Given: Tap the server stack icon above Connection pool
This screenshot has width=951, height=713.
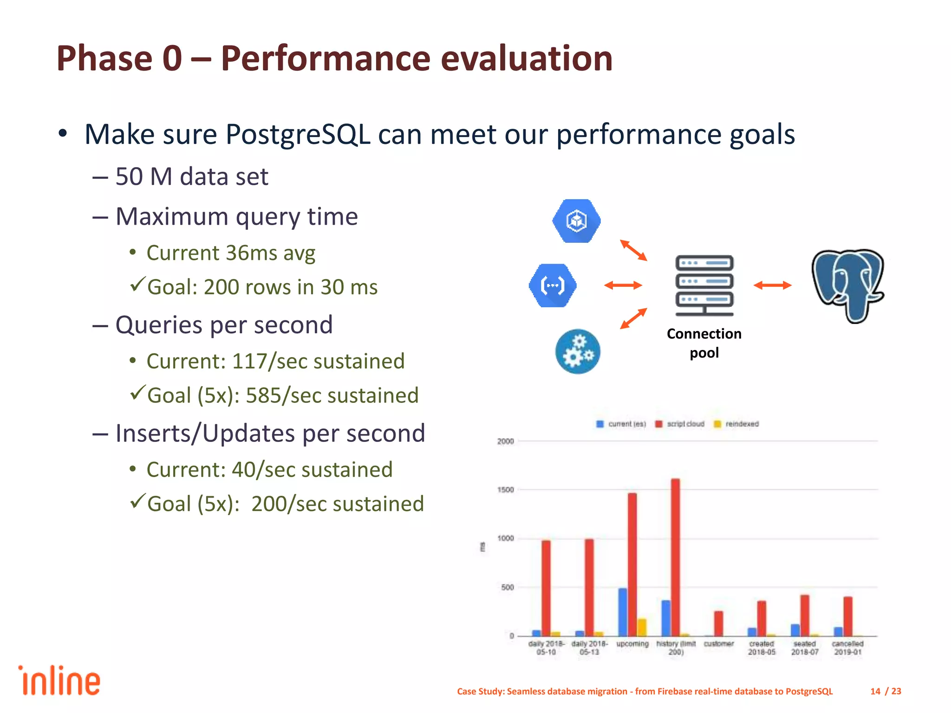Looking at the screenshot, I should [704, 285].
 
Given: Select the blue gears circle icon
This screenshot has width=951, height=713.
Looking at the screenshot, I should [578, 351].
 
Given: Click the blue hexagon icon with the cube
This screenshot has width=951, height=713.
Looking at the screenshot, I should [576, 221].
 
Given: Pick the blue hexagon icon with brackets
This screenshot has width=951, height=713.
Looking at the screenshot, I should [553, 285].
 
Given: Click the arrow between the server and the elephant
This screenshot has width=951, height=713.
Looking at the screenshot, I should [772, 285].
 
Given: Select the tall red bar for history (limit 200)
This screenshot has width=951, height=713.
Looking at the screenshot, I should [676, 557].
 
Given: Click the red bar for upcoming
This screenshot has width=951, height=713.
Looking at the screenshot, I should [632, 564].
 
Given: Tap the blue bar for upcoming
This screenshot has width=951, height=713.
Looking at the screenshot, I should [623, 612].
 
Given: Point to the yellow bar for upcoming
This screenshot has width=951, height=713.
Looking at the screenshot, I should [642, 627].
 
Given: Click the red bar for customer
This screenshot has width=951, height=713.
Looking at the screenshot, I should [719, 623].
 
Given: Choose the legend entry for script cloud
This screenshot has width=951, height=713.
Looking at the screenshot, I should [680, 424].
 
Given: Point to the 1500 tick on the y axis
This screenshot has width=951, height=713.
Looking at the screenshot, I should [505, 490].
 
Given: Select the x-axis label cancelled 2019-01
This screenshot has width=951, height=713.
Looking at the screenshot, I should [847, 648].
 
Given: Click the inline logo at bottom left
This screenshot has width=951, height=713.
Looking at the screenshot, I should [59, 681].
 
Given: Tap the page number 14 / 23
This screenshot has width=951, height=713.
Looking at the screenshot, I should [886, 691].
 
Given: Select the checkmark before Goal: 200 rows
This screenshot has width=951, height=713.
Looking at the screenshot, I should [138, 284].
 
